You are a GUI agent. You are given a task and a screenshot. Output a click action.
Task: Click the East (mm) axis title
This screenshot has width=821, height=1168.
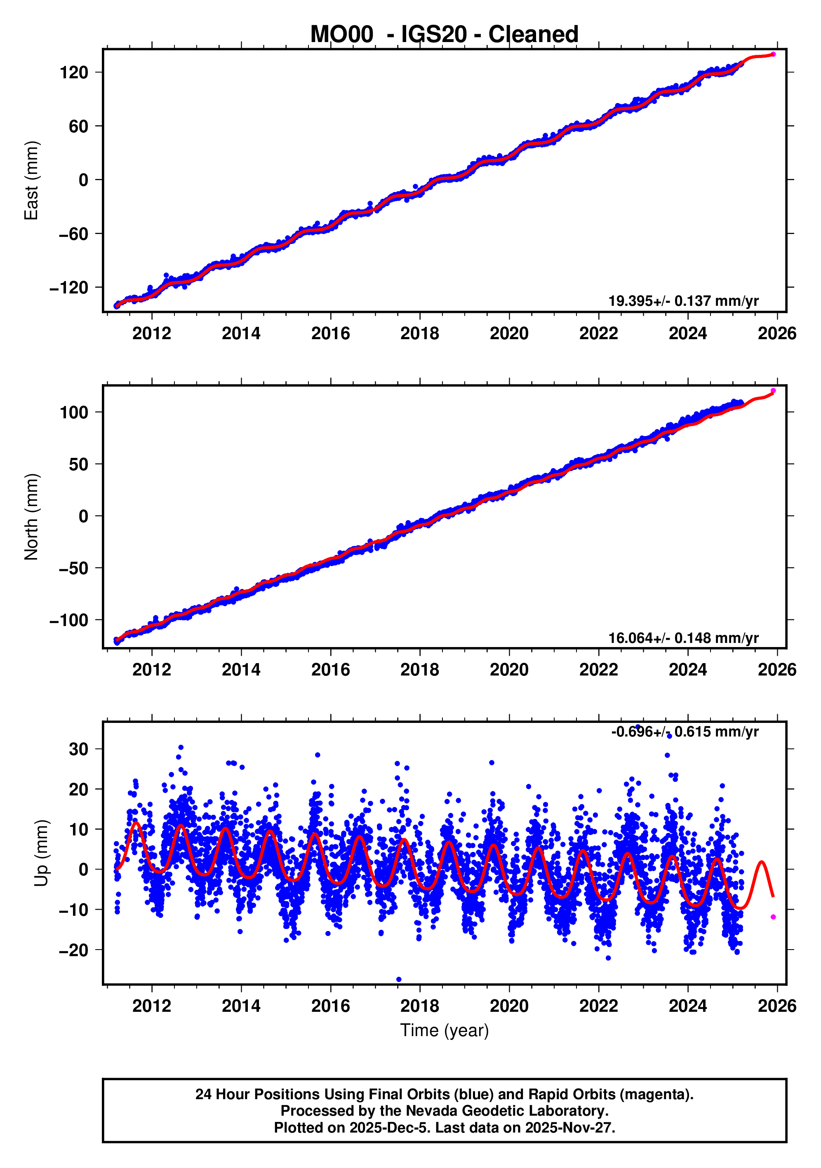click(32, 181)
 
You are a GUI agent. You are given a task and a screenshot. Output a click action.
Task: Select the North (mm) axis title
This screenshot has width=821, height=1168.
click(32, 517)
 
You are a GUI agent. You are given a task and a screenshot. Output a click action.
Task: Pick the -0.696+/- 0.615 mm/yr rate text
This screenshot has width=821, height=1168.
click(685, 732)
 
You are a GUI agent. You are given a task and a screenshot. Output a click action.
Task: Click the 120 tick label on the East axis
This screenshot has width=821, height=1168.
click(74, 73)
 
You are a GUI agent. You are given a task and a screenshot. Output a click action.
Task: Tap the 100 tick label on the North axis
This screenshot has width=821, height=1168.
click(74, 413)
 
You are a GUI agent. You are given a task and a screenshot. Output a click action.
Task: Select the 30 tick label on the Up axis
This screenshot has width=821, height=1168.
click(78, 749)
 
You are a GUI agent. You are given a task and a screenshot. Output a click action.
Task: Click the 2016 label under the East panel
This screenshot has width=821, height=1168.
click(330, 334)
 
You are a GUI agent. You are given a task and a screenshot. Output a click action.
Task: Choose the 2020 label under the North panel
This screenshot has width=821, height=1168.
click(509, 670)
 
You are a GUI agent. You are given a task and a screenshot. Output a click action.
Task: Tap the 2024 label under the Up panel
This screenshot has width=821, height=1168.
click(688, 1006)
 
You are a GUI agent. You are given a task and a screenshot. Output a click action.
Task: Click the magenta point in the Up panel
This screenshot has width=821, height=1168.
click(773, 917)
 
